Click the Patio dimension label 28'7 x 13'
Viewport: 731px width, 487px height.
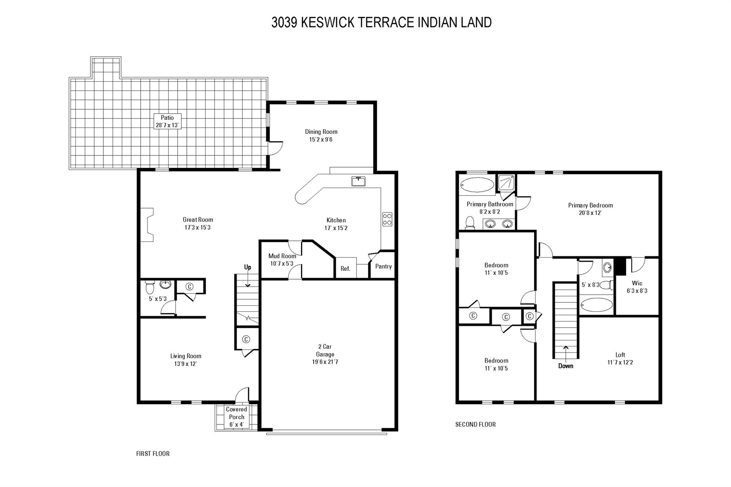coord(167,125)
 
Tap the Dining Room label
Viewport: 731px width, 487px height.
coord(321,132)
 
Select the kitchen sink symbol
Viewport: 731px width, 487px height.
coord(358,181)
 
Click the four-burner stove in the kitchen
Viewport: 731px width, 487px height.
coord(387,219)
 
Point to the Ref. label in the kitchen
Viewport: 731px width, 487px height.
coord(345,269)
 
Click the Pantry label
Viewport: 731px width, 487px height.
coord(383,266)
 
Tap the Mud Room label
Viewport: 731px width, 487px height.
coord(282,256)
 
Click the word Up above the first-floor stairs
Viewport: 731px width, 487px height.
coord(247,267)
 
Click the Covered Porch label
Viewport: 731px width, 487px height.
coord(236,413)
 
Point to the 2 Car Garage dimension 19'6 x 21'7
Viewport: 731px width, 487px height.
coord(325,362)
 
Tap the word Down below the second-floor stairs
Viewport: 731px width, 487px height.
coord(565,366)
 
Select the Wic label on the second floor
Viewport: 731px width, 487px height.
coord(637,283)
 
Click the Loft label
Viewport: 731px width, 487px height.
coord(620,355)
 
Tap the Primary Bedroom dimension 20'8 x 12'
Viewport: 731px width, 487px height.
coord(590,213)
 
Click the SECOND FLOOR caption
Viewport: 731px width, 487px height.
coord(475,424)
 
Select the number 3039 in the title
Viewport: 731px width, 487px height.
coord(284,22)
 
